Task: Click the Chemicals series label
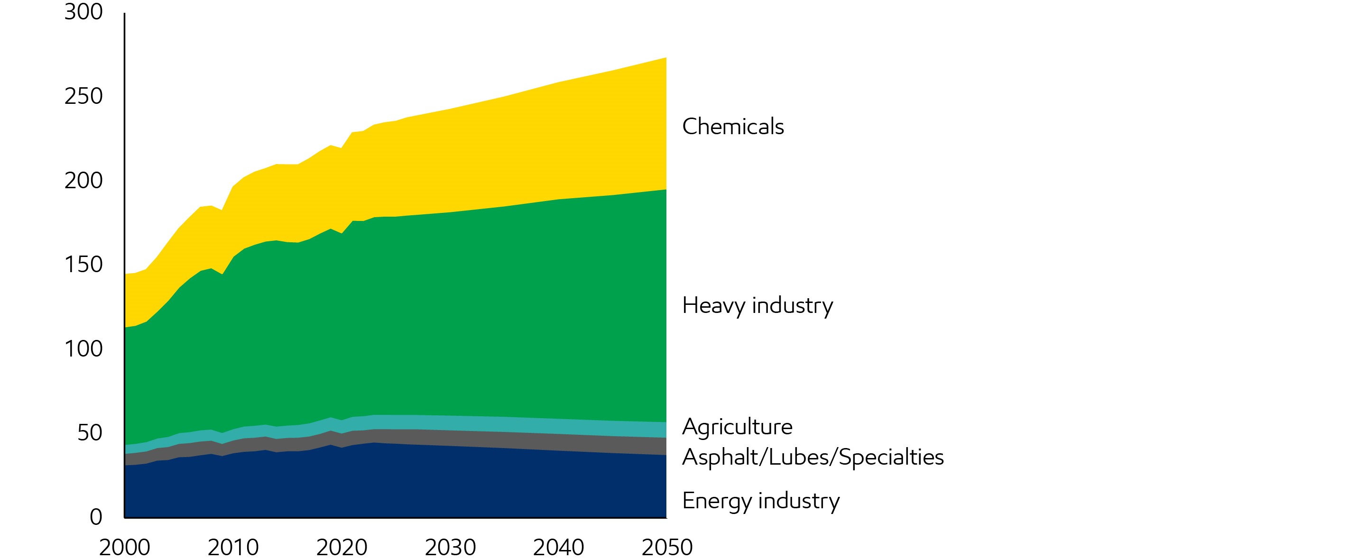pos(732,127)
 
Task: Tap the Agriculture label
pos(737,427)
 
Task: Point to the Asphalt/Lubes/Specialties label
pos(812,457)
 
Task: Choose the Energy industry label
pos(760,501)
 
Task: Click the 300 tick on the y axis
pos(83,12)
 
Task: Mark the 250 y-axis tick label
pos(83,96)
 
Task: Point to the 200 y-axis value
pos(83,180)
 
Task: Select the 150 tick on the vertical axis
pos(83,264)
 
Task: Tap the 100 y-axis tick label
pos(83,348)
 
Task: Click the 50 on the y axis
pos(90,432)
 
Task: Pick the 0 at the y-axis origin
pos(96,517)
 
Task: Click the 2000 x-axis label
pos(125,547)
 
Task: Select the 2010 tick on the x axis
pos(233,547)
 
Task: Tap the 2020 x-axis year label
pos(341,547)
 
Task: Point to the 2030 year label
pos(450,547)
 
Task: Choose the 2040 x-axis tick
pos(558,547)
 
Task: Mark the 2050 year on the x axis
pos(667,547)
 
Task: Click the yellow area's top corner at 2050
pos(665,58)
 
